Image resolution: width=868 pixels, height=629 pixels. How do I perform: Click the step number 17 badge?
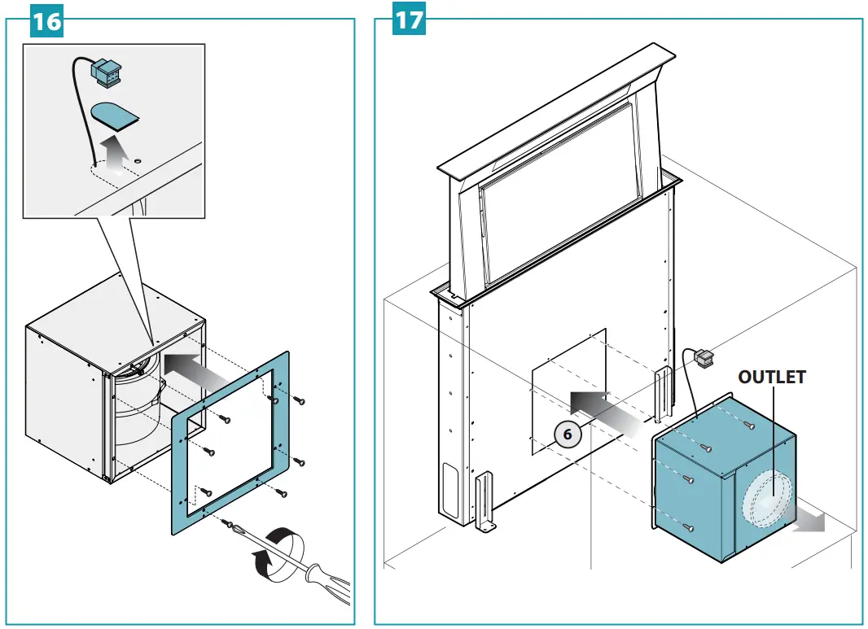point(410,20)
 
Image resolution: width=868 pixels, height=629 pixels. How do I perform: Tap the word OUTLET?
point(771,378)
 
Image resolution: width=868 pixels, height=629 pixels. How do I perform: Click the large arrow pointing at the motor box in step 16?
point(195,369)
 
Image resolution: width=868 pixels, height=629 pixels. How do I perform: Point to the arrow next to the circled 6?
point(603,411)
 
